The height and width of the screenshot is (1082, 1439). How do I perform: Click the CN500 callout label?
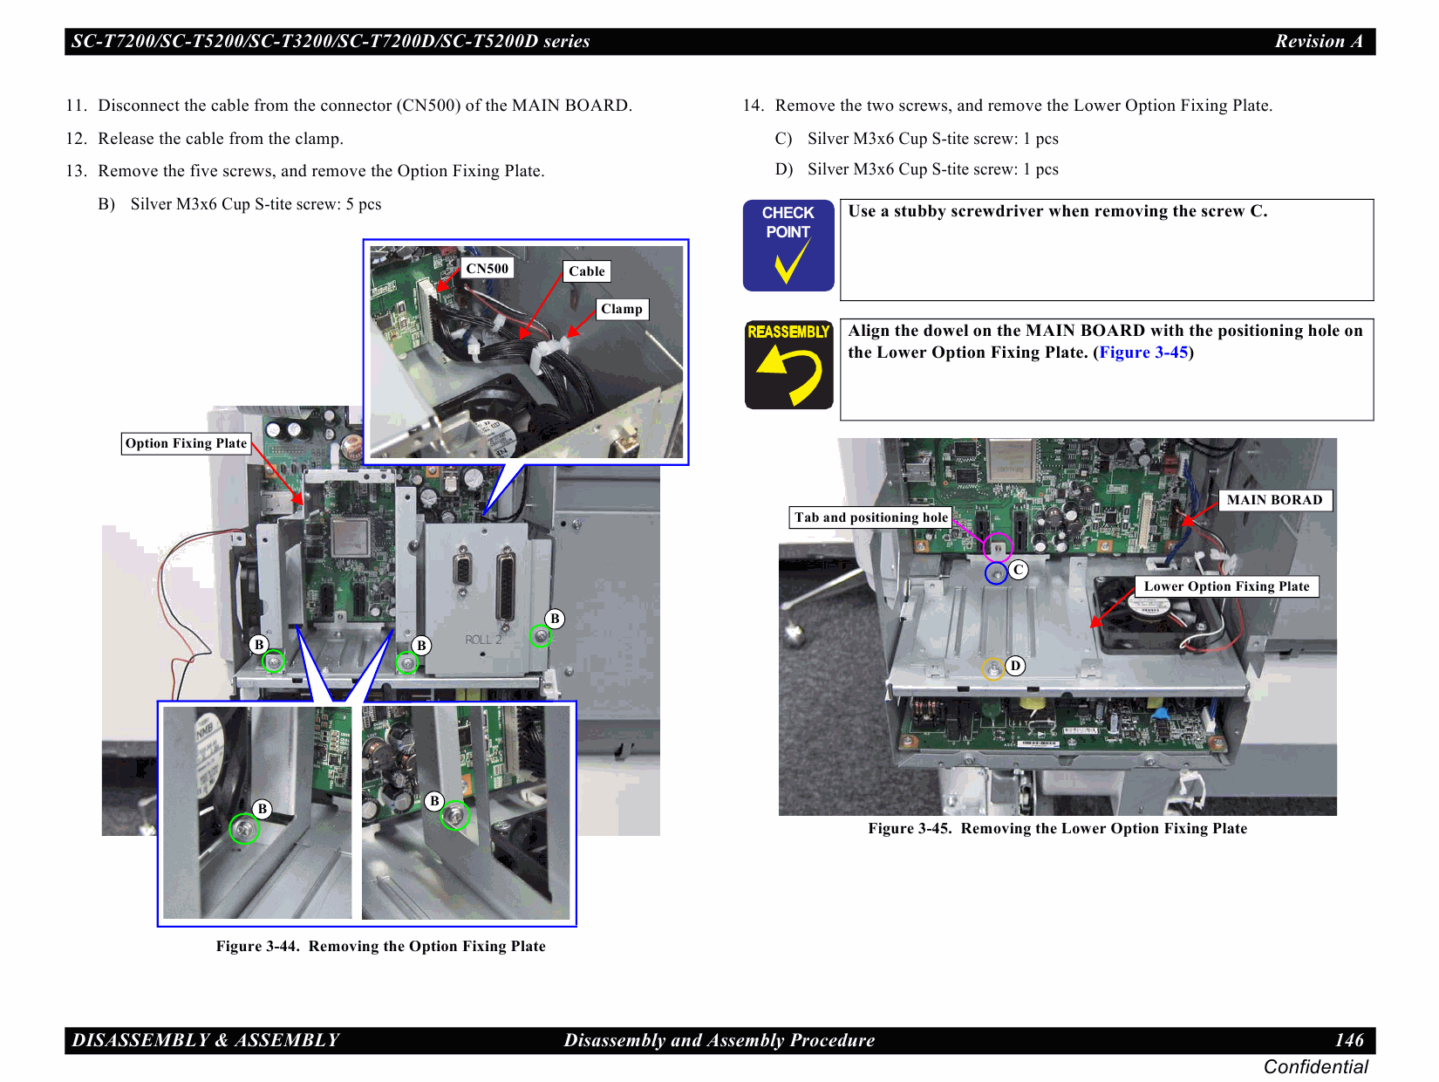[x=487, y=269]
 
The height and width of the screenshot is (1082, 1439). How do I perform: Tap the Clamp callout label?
[x=622, y=309]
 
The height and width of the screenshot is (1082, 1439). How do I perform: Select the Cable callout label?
[x=586, y=271]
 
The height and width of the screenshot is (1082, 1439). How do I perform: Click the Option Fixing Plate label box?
[x=186, y=443]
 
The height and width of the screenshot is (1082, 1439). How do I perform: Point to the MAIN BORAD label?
[x=1274, y=500]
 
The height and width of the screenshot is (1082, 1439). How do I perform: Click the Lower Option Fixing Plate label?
[x=1226, y=586]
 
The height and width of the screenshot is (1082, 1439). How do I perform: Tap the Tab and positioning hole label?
[x=870, y=517]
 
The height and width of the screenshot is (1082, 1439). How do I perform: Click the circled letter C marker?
[x=1018, y=570]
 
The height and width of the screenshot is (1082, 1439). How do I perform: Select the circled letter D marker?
[x=1015, y=666]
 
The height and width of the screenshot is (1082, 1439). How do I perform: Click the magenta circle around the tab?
[x=998, y=548]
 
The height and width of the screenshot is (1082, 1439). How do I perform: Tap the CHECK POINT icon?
[x=788, y=245]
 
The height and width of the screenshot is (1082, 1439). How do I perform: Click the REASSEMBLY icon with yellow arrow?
[x=788, y=364]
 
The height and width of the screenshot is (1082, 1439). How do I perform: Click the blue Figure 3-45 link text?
[x=1142, y=353]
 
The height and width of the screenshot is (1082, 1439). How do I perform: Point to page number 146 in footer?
[x=1348, y=1040]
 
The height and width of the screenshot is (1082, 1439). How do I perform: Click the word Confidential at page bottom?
[x=1315, y=1067]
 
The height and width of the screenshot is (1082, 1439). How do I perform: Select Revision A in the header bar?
[x=1318, y=41]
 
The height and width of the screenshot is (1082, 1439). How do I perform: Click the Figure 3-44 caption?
[x=380, y=946]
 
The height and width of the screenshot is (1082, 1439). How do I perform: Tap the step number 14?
[x=753, y=106]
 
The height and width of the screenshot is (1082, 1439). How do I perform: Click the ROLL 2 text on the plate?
[x=483, y=640]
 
